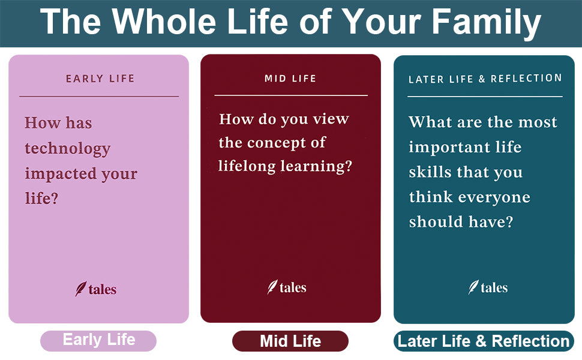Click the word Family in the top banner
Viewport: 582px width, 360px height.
486,22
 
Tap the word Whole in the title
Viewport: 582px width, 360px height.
165,21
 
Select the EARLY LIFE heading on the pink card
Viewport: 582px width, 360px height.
100,79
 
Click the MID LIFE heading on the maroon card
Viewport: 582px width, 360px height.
290,79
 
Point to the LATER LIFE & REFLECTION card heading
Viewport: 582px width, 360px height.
485,79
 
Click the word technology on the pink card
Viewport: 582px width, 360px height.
68,149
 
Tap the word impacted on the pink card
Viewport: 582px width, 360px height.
60,174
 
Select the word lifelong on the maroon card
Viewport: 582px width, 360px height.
247,166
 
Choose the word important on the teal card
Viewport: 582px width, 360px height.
449,148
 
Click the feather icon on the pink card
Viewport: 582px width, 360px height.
80,289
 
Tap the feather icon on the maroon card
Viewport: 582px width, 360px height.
272,287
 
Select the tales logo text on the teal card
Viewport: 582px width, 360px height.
494,287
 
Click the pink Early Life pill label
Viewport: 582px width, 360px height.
98,341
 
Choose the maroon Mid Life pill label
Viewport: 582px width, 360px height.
290,341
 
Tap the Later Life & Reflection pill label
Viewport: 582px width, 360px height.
484,341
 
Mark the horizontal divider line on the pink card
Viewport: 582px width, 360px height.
99,97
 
